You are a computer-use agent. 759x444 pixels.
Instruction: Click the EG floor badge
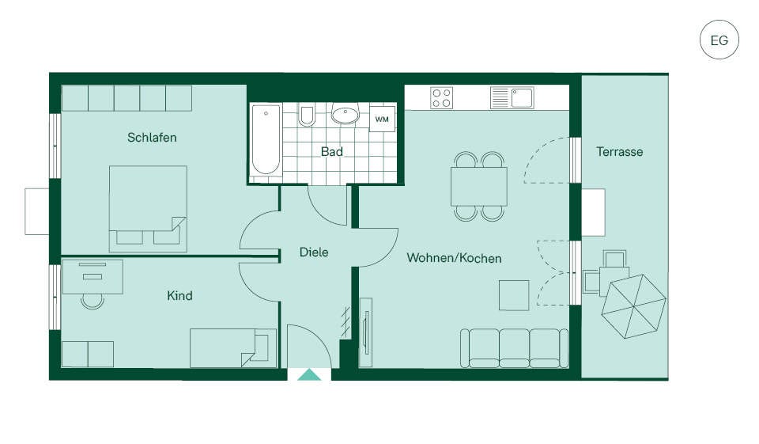pos(719,40)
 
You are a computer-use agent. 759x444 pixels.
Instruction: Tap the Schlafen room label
pos(152,138)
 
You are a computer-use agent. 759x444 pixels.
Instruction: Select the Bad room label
pos(332,152)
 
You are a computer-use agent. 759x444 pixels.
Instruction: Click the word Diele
pos(314,252)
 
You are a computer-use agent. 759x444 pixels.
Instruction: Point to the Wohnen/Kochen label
pos(454,258)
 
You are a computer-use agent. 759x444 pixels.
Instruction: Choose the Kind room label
pos(179,296)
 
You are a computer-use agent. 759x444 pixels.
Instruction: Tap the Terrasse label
pos(620,152)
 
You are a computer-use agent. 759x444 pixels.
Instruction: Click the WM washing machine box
pos(382,119)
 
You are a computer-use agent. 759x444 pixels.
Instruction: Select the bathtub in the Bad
pos(266,139)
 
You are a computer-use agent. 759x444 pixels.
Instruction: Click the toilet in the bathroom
pos(307,116)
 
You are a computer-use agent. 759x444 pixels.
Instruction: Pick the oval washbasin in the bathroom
pos(346,115)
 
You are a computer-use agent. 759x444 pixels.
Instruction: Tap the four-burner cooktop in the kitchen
pos(441,97)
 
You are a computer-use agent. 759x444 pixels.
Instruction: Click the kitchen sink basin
pos(523,97)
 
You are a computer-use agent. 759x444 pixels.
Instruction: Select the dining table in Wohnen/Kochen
pos(479,187)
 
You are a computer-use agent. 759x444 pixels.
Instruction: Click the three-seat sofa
pos(514,348)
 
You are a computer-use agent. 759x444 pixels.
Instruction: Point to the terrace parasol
pos(633,305)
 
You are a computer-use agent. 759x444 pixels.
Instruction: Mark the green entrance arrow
pos(309,374)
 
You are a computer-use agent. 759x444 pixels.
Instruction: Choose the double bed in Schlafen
pos(148,209)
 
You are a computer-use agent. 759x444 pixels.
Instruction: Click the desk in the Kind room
pos(93,277)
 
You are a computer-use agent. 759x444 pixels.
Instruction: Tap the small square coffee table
pos(514,295)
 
